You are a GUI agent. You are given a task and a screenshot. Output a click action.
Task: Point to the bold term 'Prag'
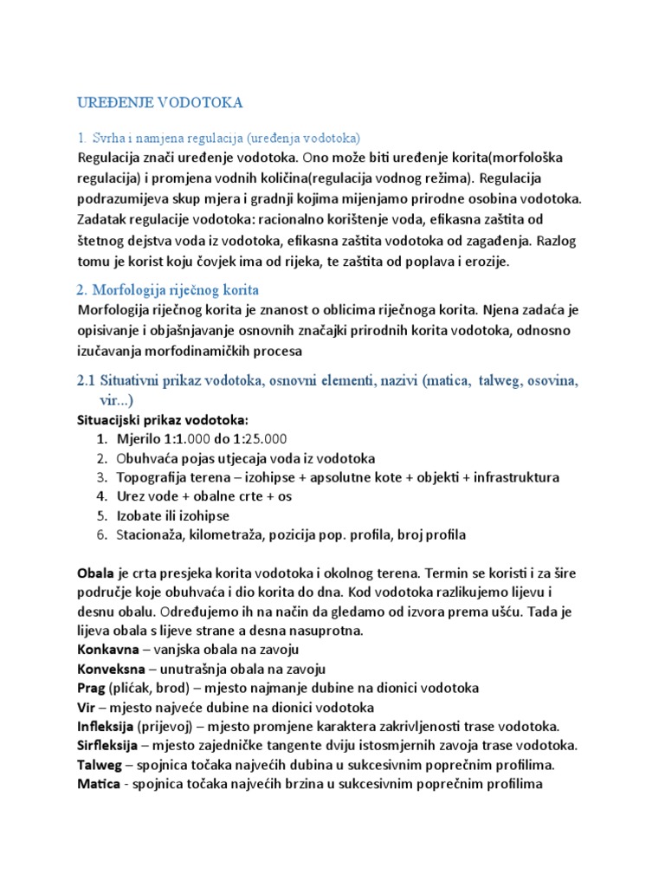[92, 688]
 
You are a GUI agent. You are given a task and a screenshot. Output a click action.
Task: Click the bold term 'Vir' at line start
[86, 707]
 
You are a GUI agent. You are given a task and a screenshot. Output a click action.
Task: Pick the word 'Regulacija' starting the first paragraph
[112, 159]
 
